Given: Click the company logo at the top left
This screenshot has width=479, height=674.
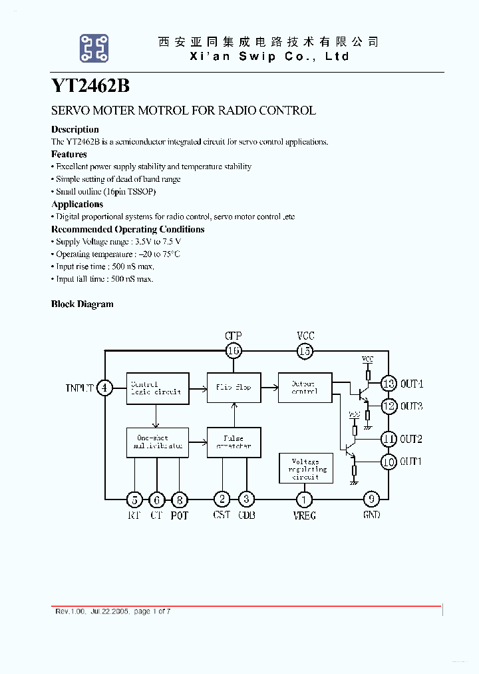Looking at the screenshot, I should pyautogui.click(x=94, y=49).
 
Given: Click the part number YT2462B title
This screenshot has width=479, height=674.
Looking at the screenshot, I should pyautogui.click(x=90, y=87).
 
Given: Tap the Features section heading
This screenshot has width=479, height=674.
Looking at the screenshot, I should pyautogui.click(x=69, y=155).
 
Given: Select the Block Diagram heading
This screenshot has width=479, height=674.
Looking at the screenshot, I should pyautogui.click(x=82, y=304).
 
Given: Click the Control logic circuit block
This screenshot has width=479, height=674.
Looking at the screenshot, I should pyautogui.click(x=156, y=388).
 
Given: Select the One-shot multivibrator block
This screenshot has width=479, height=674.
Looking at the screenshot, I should pyautogui.click(x=156, y=442).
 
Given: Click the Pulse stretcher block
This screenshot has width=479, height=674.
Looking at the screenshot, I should pyautogui.click(x=234, y=442).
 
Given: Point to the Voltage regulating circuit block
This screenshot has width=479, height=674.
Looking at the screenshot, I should pyautogui.click(x=305, y=469).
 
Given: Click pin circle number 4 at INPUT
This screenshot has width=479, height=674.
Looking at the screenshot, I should pyautogui.click(x=104, y=388).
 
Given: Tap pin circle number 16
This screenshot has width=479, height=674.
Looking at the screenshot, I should pyautogui.click(x=234, y=350).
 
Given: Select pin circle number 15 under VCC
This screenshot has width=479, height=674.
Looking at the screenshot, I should pyautogui.click(x=305, y=350).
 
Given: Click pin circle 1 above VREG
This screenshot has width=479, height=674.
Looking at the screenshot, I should pyautogui.click(x=305, y=499).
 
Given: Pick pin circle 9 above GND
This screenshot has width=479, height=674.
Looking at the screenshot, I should pyautogui.click(x=371, y=499).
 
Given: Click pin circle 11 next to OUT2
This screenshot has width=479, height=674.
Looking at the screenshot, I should pyautogui.click(x=389, y=439).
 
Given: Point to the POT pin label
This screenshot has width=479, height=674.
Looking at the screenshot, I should pyautogui.click(x=180, y=515).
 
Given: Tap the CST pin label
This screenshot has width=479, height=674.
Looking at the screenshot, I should pyautogui.click(x=222, y=515).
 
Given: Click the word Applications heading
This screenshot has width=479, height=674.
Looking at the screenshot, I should pyautogui.click(x=77, y=204).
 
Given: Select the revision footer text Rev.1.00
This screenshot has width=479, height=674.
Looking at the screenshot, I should pyautogui.click(x=67, y=611).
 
